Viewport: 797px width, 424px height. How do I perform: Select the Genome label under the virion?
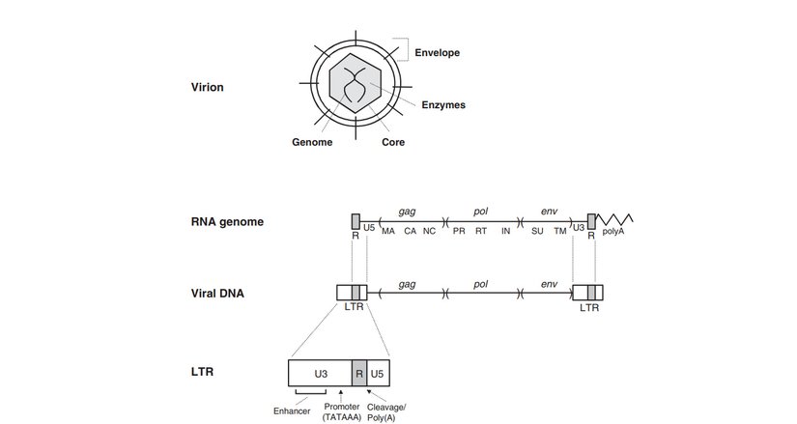(312, 142)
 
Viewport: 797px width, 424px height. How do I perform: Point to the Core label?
(392, 142)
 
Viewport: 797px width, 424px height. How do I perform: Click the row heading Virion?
(208, 87)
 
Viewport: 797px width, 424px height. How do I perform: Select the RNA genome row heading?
(227, 222)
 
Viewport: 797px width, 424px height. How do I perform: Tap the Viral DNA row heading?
(217, 292)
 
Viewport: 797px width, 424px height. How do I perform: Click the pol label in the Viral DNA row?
(480, 283)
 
